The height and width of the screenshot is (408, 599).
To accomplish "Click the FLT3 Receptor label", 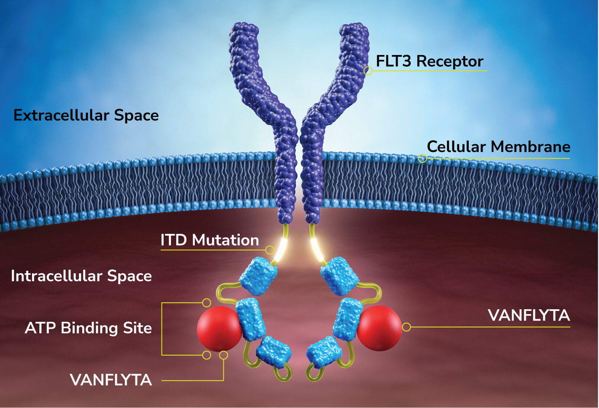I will tap(429, 62).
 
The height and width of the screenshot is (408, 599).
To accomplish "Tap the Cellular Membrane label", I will tap(498, 147).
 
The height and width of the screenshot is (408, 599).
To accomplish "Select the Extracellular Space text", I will tap(86, 115).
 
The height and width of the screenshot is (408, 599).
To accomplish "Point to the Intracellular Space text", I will tap(81, 276).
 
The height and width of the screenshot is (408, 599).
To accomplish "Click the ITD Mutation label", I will tap(209, 240).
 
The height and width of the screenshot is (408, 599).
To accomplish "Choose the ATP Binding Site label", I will tap(88, 328).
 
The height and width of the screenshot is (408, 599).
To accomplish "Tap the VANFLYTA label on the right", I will tap(528, 315).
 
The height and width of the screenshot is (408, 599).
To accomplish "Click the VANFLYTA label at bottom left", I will tap(111, 380).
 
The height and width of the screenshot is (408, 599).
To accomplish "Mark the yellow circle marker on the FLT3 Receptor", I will tap(368, 71).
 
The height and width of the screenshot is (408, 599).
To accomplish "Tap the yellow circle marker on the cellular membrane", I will tap(422, 159).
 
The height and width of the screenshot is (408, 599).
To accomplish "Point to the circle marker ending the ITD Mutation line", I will tap(270, 250).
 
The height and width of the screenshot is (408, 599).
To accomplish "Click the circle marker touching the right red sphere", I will tap(406, 327).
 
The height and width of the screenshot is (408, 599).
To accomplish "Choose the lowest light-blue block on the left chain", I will tap(273, 351).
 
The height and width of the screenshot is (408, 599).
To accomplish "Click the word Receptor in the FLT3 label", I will tap(450, 62).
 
